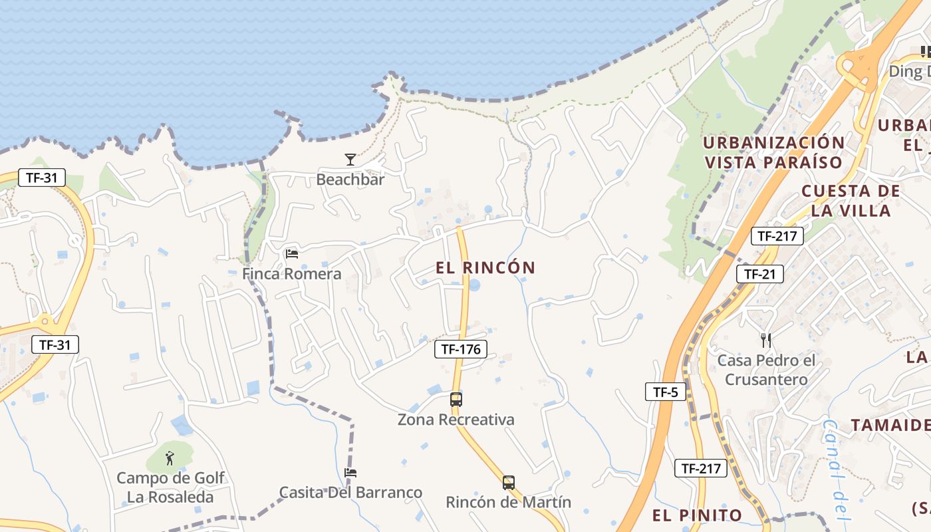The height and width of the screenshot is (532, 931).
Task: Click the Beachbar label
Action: (350, 179)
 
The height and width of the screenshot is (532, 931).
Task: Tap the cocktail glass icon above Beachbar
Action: (350, 160)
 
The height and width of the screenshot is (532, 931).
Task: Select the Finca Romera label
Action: (291, 273)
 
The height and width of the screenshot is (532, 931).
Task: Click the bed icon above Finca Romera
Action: (291, 253)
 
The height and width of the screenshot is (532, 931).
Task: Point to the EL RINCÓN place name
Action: (485, 267)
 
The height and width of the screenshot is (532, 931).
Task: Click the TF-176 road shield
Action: (461, 348)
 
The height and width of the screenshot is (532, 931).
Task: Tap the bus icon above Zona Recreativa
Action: (456, 400)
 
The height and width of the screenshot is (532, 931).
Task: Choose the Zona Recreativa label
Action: (456, 420)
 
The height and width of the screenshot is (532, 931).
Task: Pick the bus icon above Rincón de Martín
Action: (509, 483)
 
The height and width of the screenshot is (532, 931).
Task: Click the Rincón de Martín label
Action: (509, 502)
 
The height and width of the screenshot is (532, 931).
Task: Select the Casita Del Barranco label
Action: (350, 492)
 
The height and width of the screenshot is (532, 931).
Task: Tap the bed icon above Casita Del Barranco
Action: (350, 473)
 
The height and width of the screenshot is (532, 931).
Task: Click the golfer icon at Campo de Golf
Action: (170, 458)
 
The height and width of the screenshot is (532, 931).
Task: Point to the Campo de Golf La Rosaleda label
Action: (170, 487)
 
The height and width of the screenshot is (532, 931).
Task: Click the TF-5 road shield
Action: (665, 392)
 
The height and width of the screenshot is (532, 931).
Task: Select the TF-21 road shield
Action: (759, 273)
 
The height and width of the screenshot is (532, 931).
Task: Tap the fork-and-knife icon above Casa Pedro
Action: (766, 340)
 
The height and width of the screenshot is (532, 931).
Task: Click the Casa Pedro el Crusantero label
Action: (766, 370)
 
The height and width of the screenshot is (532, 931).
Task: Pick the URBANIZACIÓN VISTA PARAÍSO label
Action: (773, 152)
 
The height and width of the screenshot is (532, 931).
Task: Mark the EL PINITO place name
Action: (697, 515)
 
